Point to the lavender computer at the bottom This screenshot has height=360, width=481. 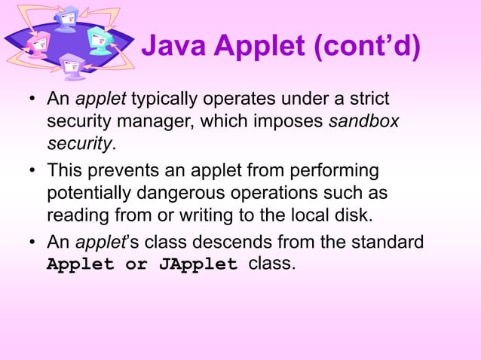(73, 66)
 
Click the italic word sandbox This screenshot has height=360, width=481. (364, 121)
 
